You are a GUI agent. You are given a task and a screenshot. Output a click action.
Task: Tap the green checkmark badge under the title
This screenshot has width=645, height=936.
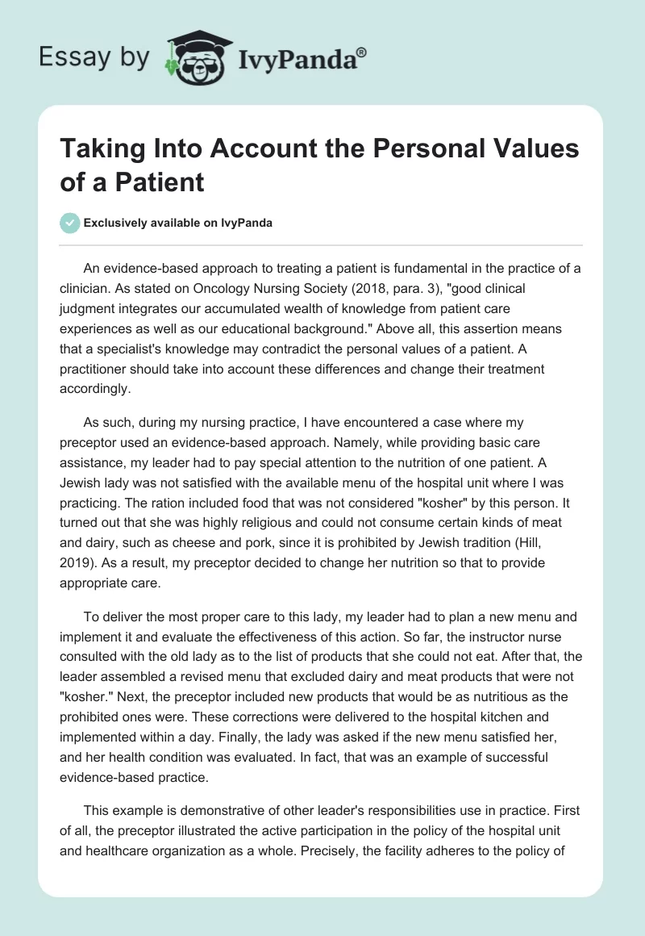coord(70,223)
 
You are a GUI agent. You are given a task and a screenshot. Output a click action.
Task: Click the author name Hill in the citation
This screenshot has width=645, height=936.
coord(554,521)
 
